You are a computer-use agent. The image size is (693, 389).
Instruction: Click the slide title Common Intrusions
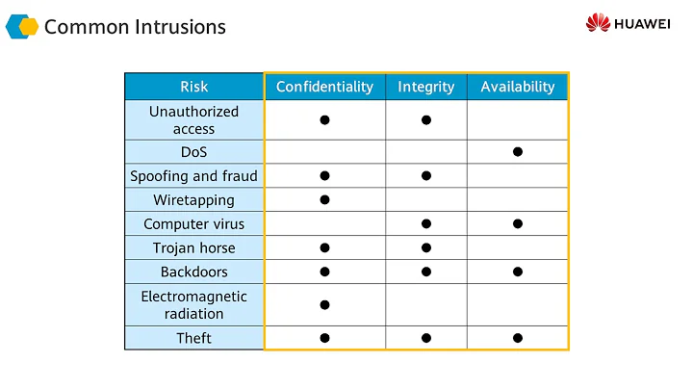pos(135,26)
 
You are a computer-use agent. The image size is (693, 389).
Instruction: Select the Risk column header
pos(193,87)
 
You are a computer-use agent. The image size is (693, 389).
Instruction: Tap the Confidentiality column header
pos(324,87)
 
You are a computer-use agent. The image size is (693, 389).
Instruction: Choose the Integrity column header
pos(425,87)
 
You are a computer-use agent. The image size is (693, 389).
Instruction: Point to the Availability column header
pos(518,87)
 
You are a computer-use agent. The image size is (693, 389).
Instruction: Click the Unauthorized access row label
pos(193,120)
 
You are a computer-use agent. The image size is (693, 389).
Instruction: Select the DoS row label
pos(193,152)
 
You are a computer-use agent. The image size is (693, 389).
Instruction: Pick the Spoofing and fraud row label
pos(193,176)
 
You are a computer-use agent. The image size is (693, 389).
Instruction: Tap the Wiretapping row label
pos(193,200)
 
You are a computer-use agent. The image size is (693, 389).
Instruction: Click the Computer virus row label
pos(193,224)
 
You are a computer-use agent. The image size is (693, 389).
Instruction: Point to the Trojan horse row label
pos(193,247)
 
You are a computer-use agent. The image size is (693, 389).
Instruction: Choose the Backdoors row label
pos(193,272)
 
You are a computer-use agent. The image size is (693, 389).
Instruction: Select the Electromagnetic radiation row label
pos(193,304)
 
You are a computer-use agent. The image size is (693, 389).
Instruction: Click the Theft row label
pos(193,338)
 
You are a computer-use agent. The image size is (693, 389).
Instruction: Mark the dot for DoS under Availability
pos(518,152)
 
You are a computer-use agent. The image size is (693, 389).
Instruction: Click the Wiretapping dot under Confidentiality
pos(324,200)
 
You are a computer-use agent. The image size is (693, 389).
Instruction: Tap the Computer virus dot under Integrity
pos(425,224)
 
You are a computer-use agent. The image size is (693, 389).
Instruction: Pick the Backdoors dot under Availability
pos(518,272)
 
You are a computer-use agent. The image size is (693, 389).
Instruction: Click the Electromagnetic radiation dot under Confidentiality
pos(324,304)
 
